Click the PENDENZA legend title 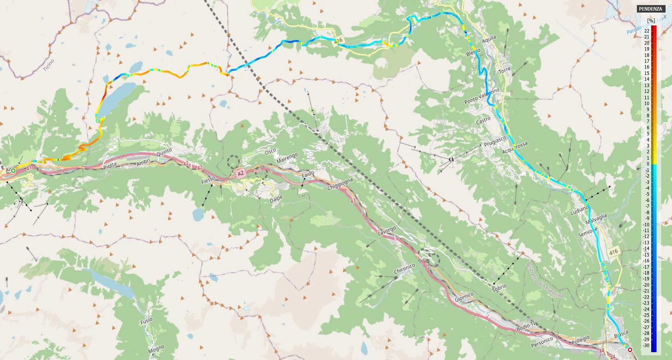650,9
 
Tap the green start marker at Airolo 13,170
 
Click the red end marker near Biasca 630,350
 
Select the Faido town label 308,174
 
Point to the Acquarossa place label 515,148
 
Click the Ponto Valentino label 482,96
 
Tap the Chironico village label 405,269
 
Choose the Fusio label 146,321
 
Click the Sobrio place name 499,288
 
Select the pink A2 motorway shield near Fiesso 241,174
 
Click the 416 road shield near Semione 613,252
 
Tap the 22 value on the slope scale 647,31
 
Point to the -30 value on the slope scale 646,345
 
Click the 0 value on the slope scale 648,164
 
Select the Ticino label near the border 48,65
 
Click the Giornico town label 464,297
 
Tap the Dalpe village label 276,200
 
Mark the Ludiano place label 579,210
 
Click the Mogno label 156,349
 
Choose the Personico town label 542,342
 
